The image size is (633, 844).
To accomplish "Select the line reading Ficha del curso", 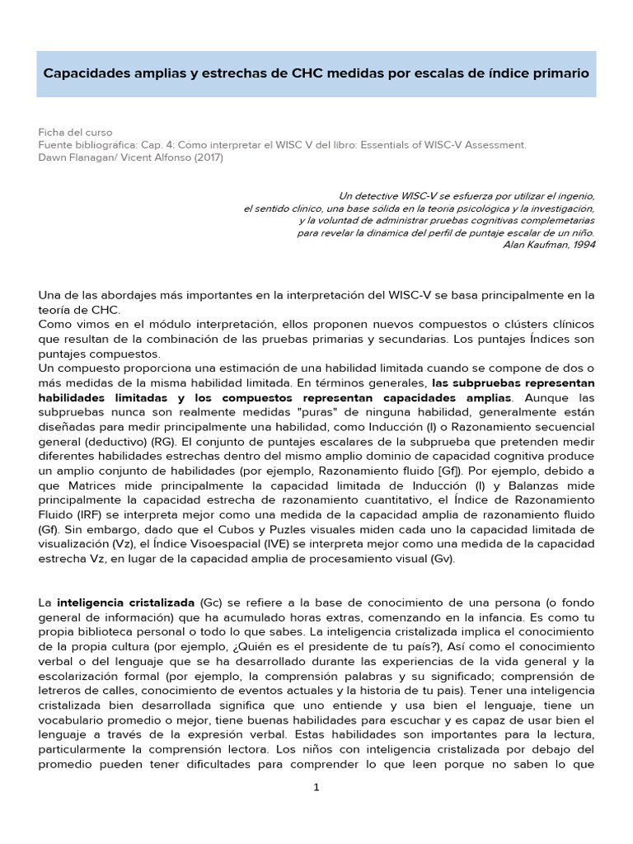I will pos(75,132).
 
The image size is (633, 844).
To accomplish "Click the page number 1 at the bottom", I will pos(316,788).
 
